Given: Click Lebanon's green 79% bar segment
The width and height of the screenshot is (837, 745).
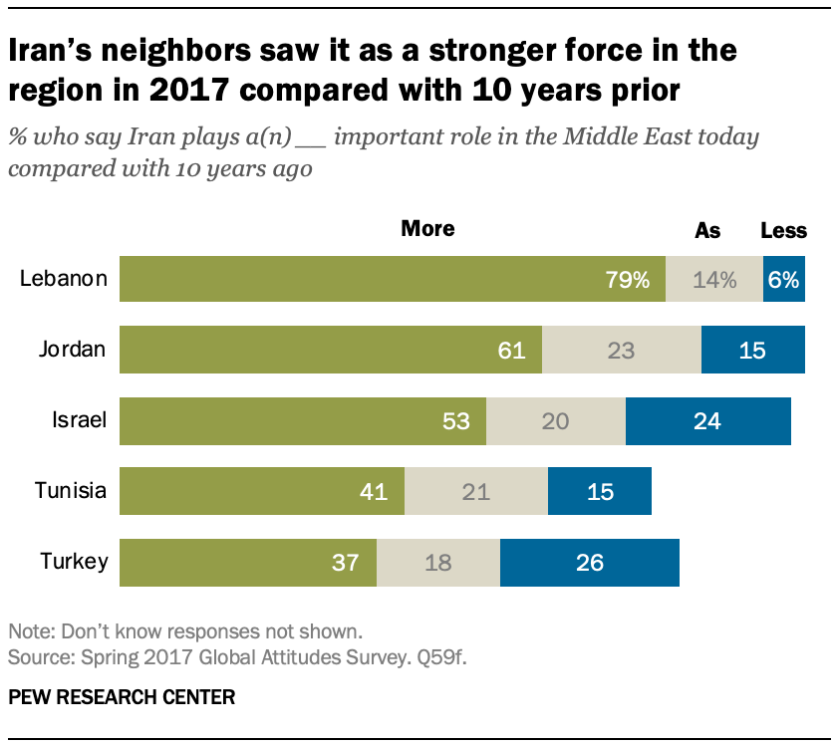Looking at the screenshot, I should pos(392,279).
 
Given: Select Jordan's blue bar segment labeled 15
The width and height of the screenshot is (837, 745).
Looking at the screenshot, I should pos(752,350).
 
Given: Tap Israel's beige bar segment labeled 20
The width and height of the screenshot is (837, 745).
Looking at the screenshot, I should pos(555,421).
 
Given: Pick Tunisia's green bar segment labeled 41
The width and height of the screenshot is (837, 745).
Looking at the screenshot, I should pos(262,491).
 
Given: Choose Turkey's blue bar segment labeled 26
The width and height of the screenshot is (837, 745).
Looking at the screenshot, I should pos(589,563).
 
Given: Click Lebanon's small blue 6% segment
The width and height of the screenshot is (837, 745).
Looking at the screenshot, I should pos(784,279).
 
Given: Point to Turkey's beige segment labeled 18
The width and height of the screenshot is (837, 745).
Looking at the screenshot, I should pos(437,563).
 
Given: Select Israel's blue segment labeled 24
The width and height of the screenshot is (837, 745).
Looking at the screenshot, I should pos(707,421).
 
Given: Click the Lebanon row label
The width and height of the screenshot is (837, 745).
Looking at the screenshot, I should pos(64,279).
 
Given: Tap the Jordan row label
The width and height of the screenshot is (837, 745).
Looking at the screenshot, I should pos(73,350).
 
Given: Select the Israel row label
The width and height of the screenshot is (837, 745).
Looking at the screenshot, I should pos(80,421).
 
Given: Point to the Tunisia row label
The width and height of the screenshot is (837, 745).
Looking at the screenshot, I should pos(71,491).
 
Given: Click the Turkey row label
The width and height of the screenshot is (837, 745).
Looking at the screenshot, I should pos(74,563).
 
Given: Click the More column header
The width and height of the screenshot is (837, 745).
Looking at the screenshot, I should pos(427,229).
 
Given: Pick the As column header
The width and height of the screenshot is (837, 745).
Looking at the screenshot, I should pos(707,231).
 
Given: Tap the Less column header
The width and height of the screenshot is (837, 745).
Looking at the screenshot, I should pos(783,231).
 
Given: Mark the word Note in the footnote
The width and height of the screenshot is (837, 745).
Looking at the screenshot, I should pos(27,631).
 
